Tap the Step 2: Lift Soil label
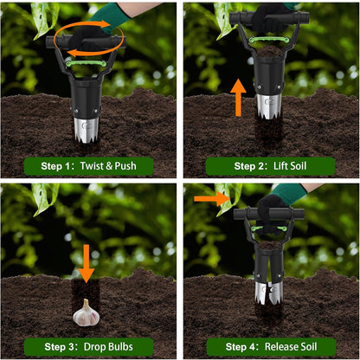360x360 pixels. pos(270,165)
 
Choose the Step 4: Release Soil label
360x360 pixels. pos(270,346)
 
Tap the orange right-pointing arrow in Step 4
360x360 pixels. pos(209,198)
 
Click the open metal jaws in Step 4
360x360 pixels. pos(269,290)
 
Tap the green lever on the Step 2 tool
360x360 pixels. pos(269,40)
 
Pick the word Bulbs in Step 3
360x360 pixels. pos(129,346)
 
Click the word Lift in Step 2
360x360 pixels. pos(277,165)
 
